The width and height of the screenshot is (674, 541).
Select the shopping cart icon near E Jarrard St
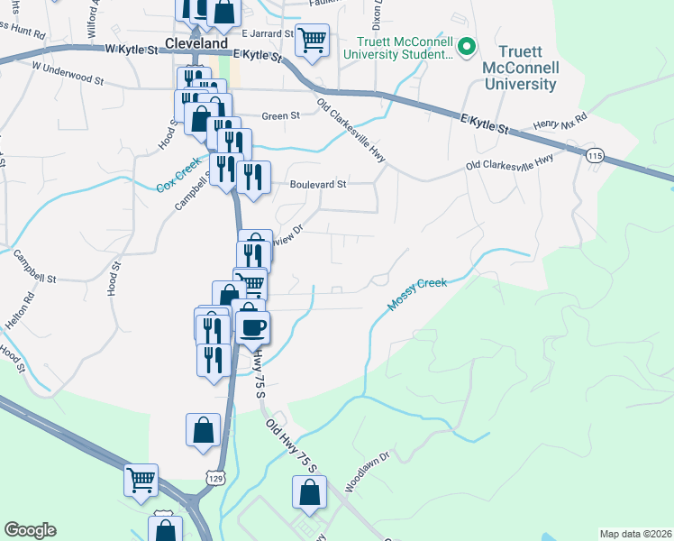[x=312, y=40]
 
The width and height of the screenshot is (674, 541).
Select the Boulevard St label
[x=318, y=184]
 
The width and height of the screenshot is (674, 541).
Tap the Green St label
[x=280, y=116]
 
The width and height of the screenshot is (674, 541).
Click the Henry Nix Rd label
[x=559, y=120]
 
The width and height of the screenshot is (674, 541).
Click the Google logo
[x=30, y=530]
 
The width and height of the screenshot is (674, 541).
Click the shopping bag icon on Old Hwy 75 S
[x=308, y=492]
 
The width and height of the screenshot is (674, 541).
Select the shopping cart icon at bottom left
[x=141, y=480]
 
